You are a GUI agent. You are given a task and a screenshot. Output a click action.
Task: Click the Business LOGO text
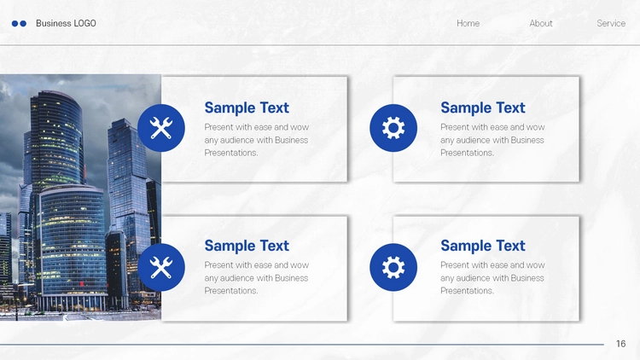pos(66,23)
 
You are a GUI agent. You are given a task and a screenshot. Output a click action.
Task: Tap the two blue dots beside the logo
pos(19,24)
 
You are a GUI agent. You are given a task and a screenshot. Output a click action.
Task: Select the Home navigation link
pos(468,23)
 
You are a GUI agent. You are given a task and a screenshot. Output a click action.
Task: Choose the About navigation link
pos(541,23)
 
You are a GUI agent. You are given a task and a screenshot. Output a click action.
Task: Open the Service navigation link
pos(611,23)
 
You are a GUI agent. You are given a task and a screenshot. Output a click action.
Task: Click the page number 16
pos(621,344)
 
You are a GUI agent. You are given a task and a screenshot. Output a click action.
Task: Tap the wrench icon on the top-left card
pos(161,128)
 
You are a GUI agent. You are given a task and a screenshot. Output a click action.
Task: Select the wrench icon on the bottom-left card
pos(161,267)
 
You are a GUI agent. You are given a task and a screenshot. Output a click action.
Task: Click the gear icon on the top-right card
pos(393,128)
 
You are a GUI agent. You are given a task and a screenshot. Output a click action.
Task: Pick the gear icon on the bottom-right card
pos(393,267)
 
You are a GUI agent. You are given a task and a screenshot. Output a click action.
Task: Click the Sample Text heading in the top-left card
pos(247,107)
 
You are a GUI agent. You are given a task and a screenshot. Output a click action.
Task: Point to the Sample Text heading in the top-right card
pos(482,107)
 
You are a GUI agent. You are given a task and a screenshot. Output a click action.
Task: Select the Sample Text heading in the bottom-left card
pos(247,246)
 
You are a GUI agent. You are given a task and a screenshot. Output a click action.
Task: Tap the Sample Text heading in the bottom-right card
pos(482,246)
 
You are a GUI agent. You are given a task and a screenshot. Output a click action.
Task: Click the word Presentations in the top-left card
pos(231,153)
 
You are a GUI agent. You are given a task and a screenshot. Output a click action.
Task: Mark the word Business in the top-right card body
pos(527,140)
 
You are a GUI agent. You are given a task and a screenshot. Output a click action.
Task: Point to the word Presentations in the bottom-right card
pos(467,291)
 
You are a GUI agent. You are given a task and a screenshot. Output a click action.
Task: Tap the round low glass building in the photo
pos(72,245)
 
